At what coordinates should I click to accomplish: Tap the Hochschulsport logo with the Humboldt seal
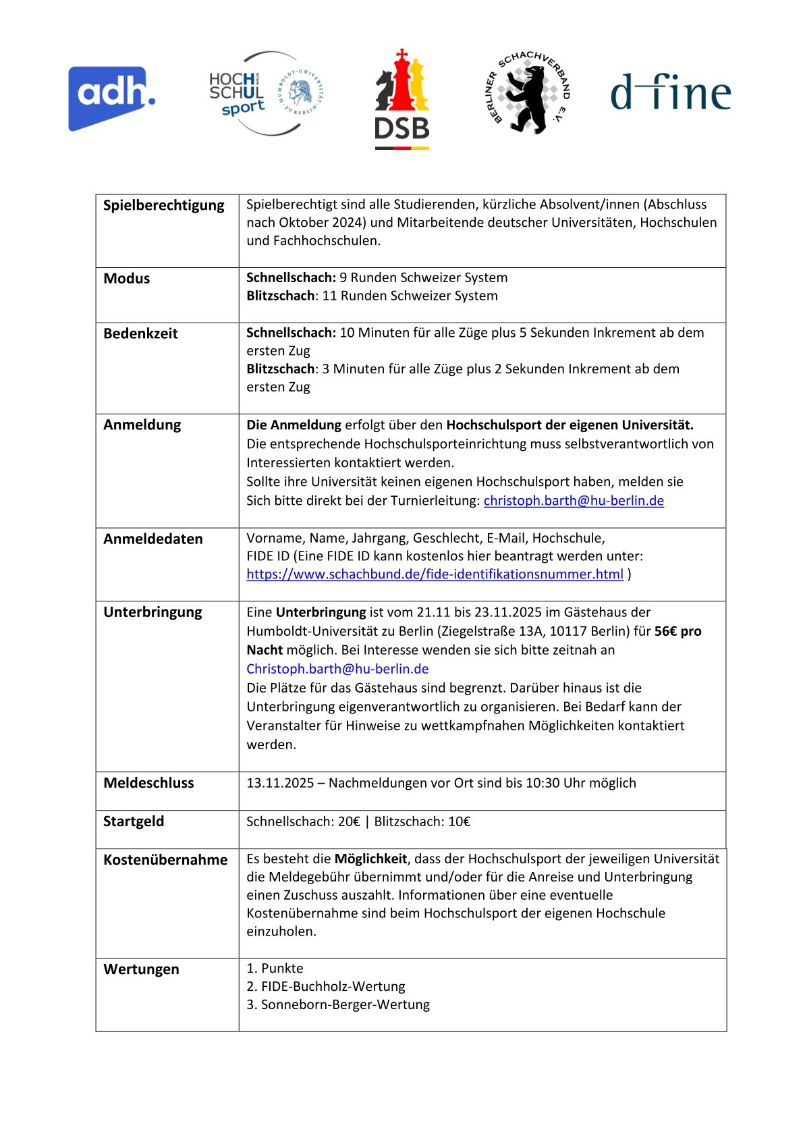pyautogui.click(x=266, y=93)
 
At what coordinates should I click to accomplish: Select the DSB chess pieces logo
pyautogui.click(x=402, y=99)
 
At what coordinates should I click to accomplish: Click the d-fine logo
pyautogui.click(x=670, y=92)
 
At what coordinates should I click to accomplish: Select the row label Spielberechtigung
pyautogui.click(x=164, y=205)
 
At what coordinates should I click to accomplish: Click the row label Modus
pyautogui.click(x=127, y=278)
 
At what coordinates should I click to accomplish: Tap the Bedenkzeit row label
pyautogui.click(x=140, y=333)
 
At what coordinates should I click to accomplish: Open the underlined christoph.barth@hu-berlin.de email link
pyautogui.click(x=574, y=500)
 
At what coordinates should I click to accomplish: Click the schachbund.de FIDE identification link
pyautogui.click(x=435, y=574)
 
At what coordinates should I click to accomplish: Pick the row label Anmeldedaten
pyautogui.click(x=153, y=539)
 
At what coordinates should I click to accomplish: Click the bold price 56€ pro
pyautogui.click(x=677, y=631)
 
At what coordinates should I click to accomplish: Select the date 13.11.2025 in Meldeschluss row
pyautogui.click(x=280, y=783)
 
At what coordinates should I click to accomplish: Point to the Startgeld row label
pyautogui.click(x=134, y=821)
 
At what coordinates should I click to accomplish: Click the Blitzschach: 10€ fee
pyautogui.click(x=422, y=821)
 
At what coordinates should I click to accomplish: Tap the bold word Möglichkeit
pyautogui.click(x=370, y=859)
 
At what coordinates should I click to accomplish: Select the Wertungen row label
pyautogui.click(x=142, y=969)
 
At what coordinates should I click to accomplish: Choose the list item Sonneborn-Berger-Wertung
pyautogui.click(x=345, y=1004)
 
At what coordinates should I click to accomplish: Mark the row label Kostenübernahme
pyautogui.click(x=165, y=860)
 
